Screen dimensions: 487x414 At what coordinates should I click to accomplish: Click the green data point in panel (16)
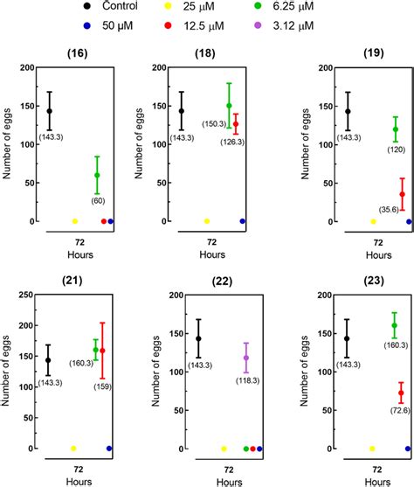coord(97,175)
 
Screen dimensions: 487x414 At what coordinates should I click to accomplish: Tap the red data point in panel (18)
coord(235,124)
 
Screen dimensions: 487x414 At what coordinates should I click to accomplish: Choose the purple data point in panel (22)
coord(246,358)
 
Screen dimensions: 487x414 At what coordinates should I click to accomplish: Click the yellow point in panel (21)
coord(73,449)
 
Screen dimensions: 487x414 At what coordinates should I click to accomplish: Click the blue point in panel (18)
coord(242,221)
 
